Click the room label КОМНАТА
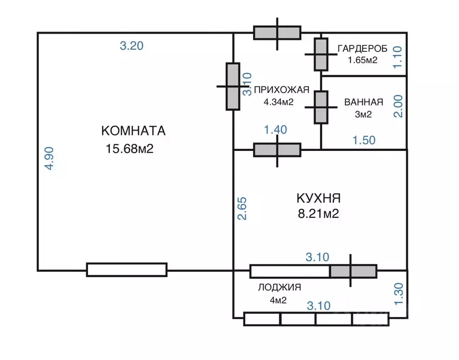[133, 130]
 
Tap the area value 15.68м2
[130, 149]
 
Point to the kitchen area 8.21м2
[318, 214]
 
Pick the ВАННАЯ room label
[363, 102]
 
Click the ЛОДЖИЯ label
[279, 288]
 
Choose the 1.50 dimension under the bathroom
[363, 140]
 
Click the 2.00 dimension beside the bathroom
[398, 107]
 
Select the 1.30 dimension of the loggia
[398, 294]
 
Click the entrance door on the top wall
[277, 33]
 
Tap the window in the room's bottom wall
[126, 270]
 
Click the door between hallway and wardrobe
[321, 54]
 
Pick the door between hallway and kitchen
[277, 150]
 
